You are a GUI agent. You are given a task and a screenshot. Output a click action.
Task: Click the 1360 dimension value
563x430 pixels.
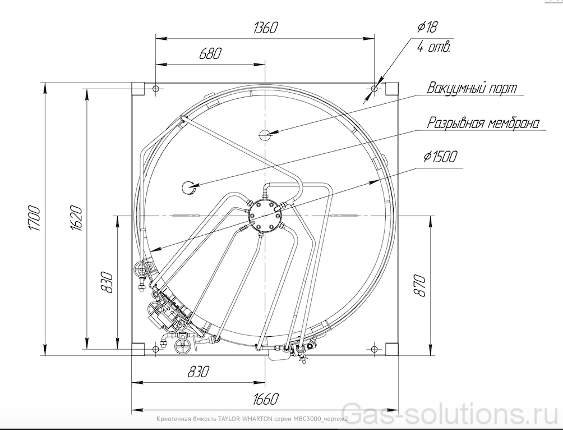tap(265, 28)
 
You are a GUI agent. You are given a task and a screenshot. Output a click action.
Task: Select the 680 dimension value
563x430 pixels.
tap(210, 53)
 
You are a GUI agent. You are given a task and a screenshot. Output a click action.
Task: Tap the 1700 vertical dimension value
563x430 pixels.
tap(34, 218)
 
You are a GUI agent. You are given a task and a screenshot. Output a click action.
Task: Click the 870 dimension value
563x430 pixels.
tap(419, 285)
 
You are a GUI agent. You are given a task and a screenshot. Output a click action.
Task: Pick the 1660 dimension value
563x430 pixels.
tap(266, 399)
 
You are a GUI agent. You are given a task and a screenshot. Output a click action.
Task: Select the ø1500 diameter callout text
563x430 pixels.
tap(440, 157)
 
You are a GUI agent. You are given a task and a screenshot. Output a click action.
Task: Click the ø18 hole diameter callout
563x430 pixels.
tap(427, 27)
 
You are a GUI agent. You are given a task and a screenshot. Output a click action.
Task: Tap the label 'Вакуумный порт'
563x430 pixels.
tap(472, 88)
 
